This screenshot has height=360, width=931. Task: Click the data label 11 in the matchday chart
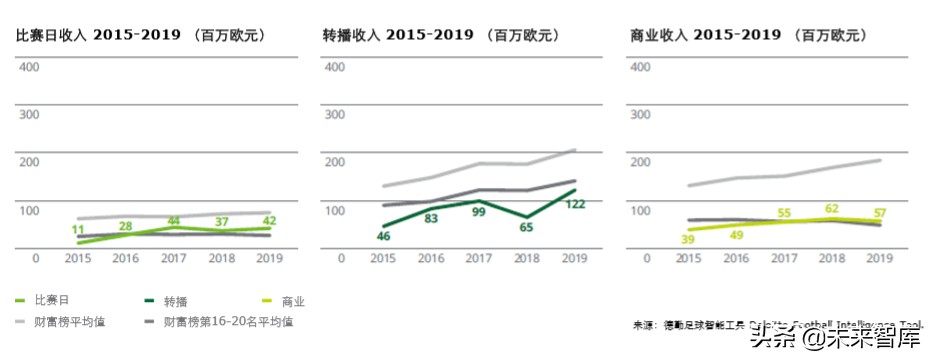(78, 231)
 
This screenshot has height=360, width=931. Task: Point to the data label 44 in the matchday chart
(174, 220)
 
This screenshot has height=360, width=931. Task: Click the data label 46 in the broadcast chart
(383, 236)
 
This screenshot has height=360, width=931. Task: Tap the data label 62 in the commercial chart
(831, 209)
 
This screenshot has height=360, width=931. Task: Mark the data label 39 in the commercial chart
(687, 239)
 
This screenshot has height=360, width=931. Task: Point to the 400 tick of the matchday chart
(29, 67)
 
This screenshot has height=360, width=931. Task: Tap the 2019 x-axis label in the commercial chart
(878, 258)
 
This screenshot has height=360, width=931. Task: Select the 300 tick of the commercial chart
(642, 114)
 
